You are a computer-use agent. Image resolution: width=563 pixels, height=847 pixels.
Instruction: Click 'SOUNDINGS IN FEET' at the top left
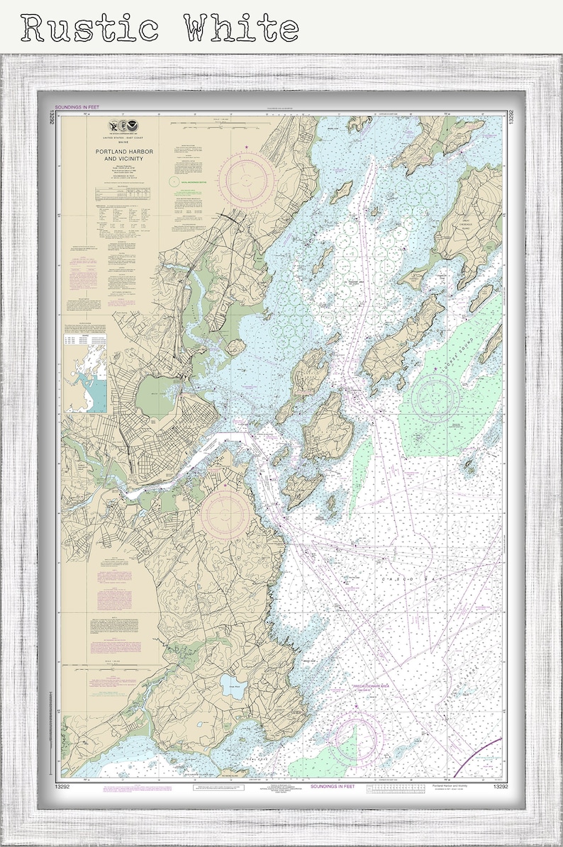[x=79, y=107]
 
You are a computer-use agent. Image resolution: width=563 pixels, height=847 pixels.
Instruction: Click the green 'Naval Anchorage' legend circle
[x=174, y=181]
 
